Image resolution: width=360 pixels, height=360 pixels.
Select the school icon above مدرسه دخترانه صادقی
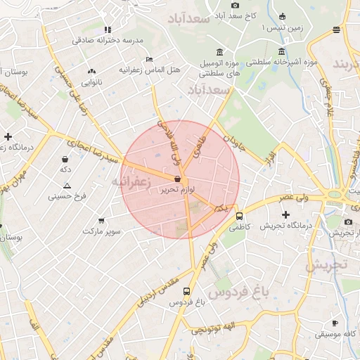click(107, 30)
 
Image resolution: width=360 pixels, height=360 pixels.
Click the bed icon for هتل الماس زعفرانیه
click(148, 59)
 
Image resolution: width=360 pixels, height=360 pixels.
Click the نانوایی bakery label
click(92, 83)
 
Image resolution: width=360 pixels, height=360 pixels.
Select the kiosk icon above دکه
click(65, 159)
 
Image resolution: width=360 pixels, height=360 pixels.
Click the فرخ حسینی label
click(67, 197)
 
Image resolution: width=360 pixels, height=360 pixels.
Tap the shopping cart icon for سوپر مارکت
click(103, 219)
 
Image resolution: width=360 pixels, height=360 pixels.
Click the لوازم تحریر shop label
click(176, 190)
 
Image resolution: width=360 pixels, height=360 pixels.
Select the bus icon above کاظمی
click(240, 217)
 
